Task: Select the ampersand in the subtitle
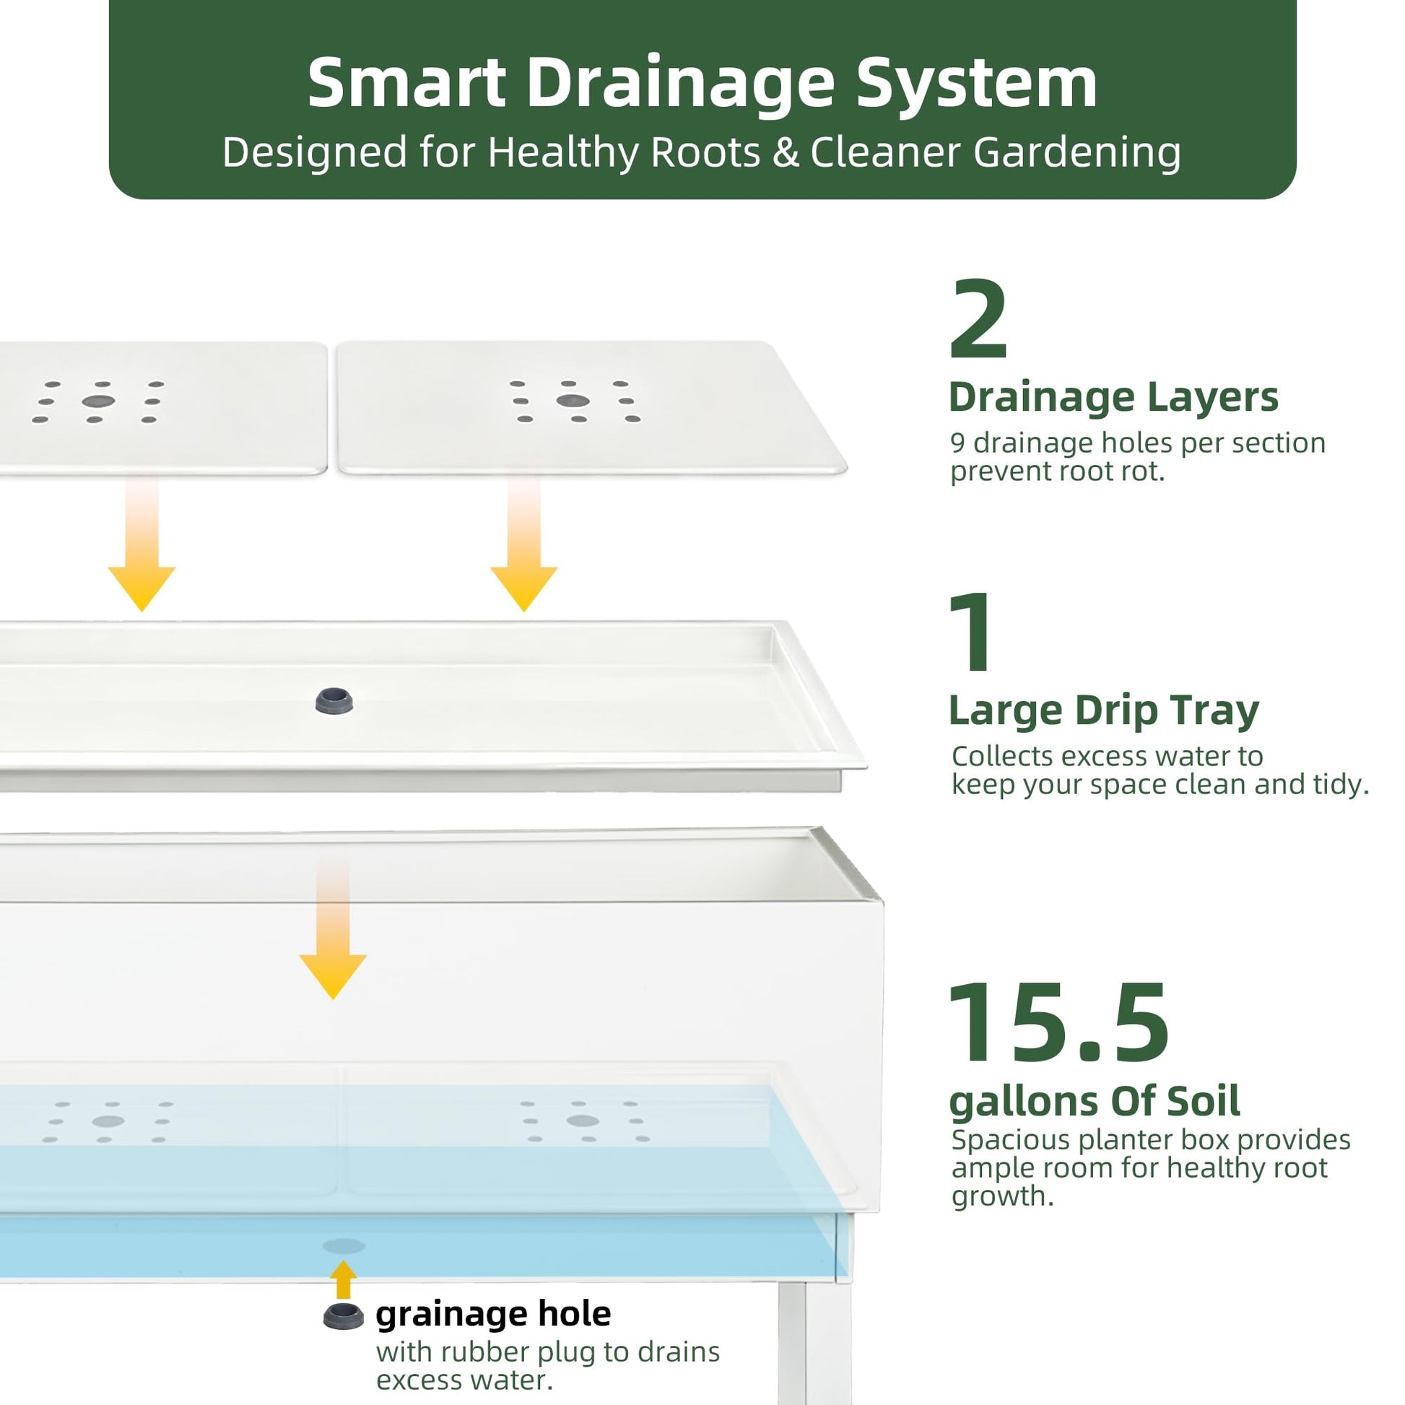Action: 786,153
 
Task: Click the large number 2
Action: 979,319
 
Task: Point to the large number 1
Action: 972,632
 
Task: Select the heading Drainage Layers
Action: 1113,397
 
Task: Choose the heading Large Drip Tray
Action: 1104,710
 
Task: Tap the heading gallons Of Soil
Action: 1095,1102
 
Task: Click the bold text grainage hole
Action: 493,1314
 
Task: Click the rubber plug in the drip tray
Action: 334,701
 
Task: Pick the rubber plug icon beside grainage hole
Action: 343,1317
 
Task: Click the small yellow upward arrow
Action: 343,1279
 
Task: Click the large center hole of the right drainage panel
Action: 573,401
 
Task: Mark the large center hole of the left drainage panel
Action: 98,401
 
